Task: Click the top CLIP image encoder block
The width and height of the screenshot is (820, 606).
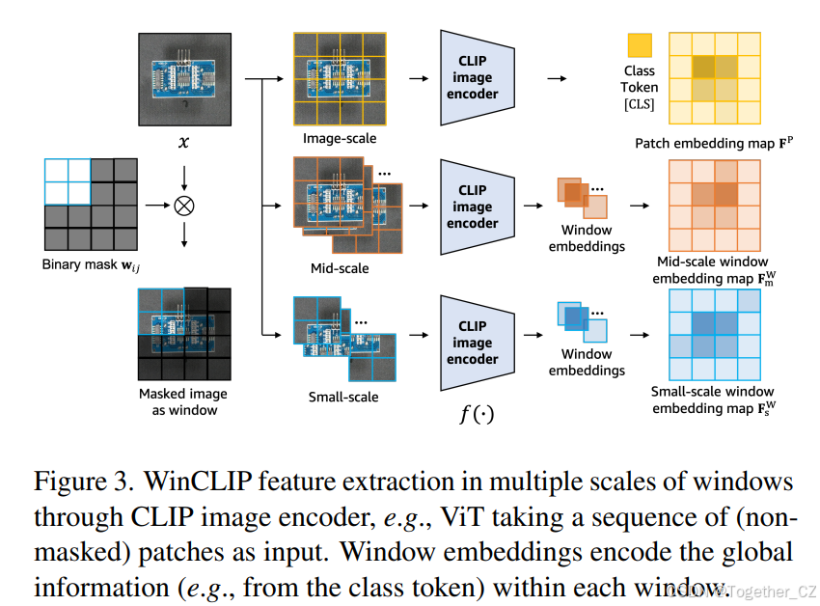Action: pyautogui.click(x=473, y=77)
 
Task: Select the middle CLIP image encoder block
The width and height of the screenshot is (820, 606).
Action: pyautogui.click(x=473, y=207)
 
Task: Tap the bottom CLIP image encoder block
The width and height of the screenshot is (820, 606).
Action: pyautogui.click(x=473, y=342)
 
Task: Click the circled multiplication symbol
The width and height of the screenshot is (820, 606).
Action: pyautogui.click(x=182, y=206)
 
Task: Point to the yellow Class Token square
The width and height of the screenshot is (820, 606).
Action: pyautogui.click(x=640, y=46)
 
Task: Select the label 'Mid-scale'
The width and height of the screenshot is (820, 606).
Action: pyautogui.click(x=339, y=268)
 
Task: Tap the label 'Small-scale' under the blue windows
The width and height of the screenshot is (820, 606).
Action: pyautogui.click(x=342, y=397)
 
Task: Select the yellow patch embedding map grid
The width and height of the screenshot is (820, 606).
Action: pyautogui.click(x=714, y=77)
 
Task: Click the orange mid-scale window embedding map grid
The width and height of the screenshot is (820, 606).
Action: pyautogui.click(x=714, y=206)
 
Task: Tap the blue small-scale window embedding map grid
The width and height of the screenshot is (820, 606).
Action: pyautogui.click(x=714, y=334)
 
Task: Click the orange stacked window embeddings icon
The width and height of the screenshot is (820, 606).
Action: pyautogui.click(x=582, y=198)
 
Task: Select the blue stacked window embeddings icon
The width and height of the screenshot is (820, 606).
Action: pyautogui.click(x=582, y=322)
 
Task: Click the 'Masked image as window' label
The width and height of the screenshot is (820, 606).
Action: pyautogui.click(x=183, y=401)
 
